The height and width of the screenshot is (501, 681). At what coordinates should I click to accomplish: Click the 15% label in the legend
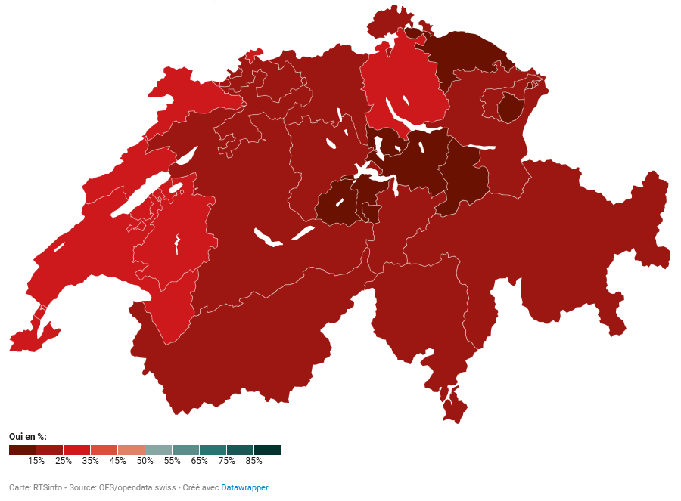pyautogui.click(x=36, y=460)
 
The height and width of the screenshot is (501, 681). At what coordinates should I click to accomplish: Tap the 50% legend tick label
pyautogui.click(x=145, y=460)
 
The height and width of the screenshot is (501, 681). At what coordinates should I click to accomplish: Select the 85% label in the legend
pyautogui.click(x=253, y=460)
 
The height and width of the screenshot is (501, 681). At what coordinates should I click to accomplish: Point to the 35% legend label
pyautogui.click(x=90, y=460)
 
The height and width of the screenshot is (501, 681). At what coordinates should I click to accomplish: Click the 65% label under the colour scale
pyautogui.click(x=199, y=460)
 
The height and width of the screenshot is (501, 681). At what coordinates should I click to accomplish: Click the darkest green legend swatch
pyautogui.click(x=267, y=450)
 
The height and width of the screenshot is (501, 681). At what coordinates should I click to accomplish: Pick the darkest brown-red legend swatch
pyautogui.click(x=22, y=450)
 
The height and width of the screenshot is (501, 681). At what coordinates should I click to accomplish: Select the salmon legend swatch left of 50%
pyautogui.click(x=131, y=450)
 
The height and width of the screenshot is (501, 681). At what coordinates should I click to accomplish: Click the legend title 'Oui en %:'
pyautogui.click(x=27, y=437)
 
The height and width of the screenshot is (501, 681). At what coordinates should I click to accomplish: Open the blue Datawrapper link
pyautogui.click(x=244, y=487)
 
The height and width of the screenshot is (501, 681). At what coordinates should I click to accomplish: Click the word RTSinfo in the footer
pyautogui.click(x=47, y=487)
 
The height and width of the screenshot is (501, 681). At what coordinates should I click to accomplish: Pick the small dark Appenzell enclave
pyautogui.click(x=511, y=108)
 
